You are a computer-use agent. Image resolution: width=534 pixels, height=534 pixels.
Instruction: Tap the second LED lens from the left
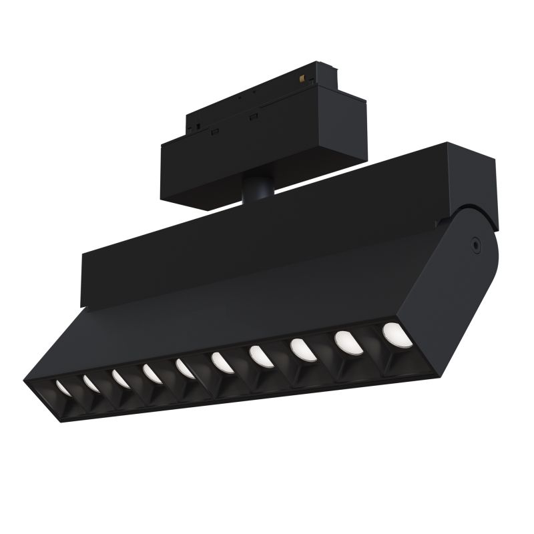click(91, 381)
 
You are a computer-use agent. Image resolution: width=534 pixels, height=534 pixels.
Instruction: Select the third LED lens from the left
click(120, 377)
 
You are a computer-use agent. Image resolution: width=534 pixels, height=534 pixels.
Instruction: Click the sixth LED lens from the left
click(220, 361)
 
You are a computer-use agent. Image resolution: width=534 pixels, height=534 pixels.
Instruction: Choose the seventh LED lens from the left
click(259, 355)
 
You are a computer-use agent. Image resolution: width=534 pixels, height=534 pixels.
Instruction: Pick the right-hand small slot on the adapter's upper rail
click(253, 117)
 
